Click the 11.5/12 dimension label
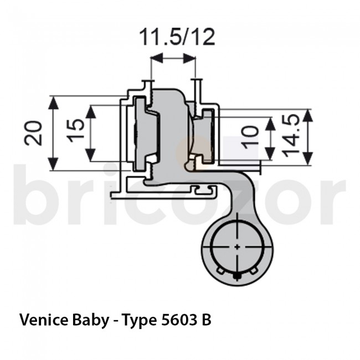176,37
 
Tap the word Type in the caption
140,320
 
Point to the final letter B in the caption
207,320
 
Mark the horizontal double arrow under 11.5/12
173,58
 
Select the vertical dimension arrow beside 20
53,133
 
